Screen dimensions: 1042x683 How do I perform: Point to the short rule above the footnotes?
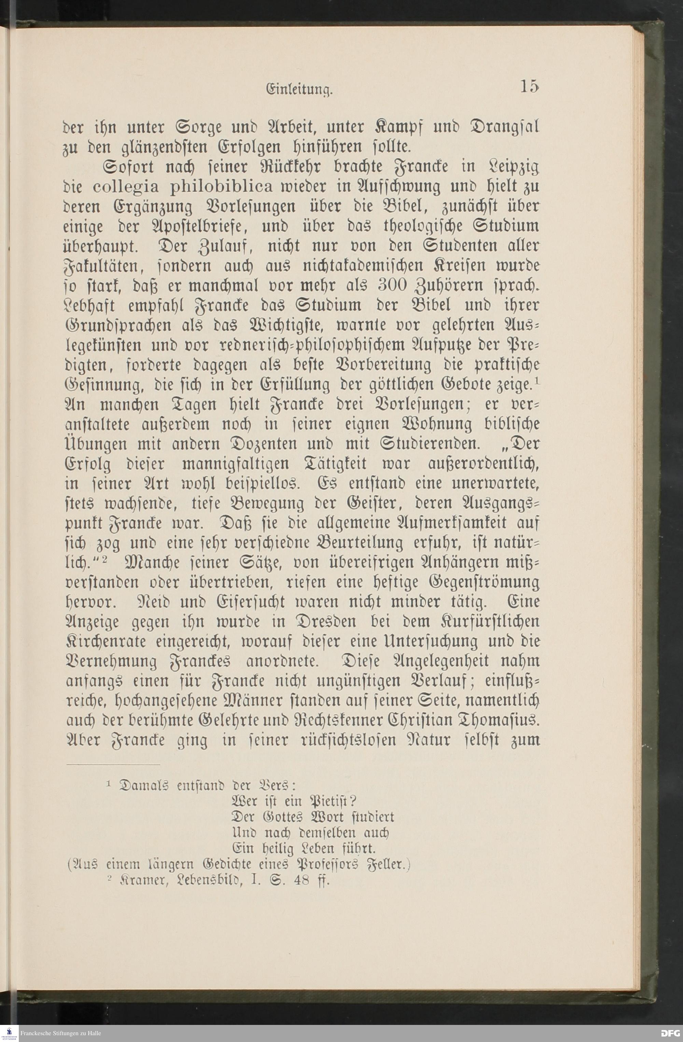(113, 765)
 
